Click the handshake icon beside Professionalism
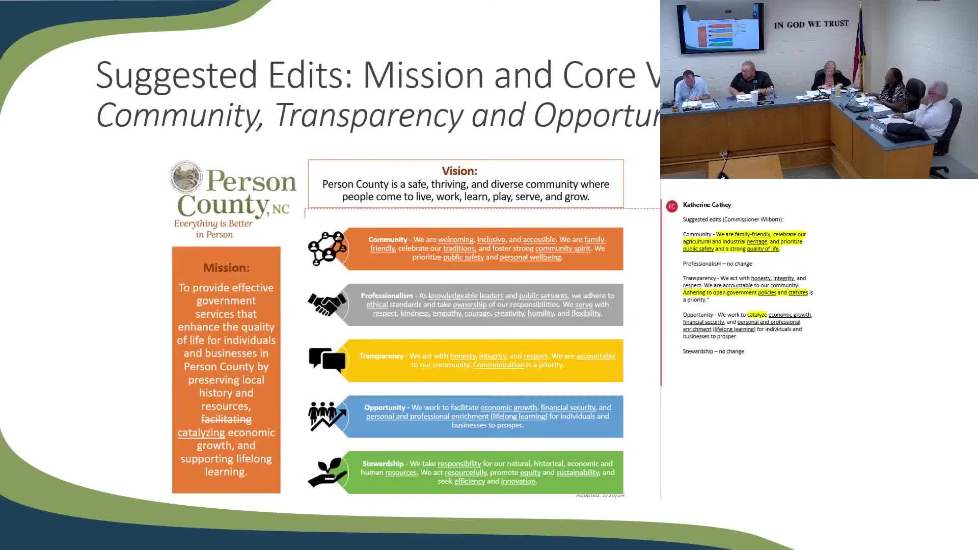pos(327,305)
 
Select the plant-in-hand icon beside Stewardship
pos(327,472)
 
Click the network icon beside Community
pos(327,249)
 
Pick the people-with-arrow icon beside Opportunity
pos(327,416)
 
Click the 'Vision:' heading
pos(459,171)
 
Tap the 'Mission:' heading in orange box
pos(226,268)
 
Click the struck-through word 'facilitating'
pos(226,419)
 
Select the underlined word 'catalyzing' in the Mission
pos(201,432)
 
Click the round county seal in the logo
pos(186,177)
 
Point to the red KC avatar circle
pos(671,206)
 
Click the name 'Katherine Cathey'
pos(707,205)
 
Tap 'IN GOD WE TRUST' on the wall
pos(811,24)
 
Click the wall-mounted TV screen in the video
pos(720,28)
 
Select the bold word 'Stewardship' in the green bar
pos(383,463)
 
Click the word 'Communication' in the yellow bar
pos(498,365)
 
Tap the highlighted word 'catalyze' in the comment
pos(756,315)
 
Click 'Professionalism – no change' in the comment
pos(717,264)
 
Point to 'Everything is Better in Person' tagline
pos(213,229)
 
